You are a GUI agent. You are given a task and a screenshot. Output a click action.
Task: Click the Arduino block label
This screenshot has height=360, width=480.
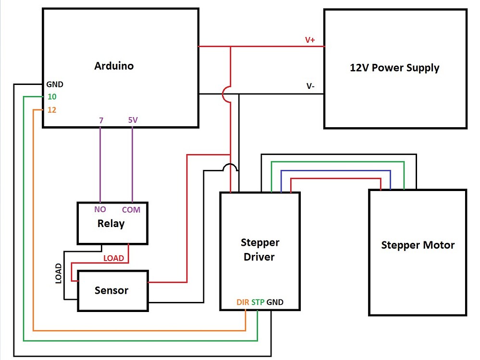pyautogui.click(x=114, y=66)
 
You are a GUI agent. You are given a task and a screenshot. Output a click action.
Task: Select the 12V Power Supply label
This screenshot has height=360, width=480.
pyautogui.click(x=394, y=67)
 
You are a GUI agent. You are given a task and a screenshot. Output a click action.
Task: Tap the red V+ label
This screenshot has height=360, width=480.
pyautogui.click(x=310, y=40)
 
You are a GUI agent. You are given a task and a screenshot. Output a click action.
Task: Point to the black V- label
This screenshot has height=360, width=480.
pyautogui.click(x=311, y=86)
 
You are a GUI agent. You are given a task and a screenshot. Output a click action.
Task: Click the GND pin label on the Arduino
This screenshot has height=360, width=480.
pyautogui.click(x=55, y=84)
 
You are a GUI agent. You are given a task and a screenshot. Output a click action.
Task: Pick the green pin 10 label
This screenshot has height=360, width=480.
pyautogui.click(x=52, y=97)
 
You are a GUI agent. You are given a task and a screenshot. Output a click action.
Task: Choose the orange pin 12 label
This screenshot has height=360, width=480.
pyautogui.click(x=52, y=110)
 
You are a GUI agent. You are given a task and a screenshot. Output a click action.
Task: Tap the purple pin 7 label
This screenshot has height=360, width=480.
pyautogui.click(x=101, y=120)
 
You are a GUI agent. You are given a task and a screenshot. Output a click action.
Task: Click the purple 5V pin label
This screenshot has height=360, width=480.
pyautogui.click(x=133, y=120)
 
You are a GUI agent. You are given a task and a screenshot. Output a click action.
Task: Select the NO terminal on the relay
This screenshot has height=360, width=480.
pyautogui.click(x=100, y=210)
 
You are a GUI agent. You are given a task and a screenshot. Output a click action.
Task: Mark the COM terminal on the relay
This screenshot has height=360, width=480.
pyautogui.click(x=131, y=210)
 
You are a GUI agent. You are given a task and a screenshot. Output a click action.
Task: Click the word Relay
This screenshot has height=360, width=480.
pyautogui.click(x=111, y=223)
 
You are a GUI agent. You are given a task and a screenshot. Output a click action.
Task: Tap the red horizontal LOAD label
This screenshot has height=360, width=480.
pyautogui.click(x=114, y=258)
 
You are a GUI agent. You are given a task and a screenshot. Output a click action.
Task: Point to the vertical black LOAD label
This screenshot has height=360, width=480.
pyautogui.click(x=59, y=274)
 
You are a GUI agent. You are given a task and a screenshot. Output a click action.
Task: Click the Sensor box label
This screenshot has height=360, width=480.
pyautogui.click(x=111, y=290)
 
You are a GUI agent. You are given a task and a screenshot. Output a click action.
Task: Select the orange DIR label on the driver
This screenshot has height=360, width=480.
pyautogui.click(x=243, y=302)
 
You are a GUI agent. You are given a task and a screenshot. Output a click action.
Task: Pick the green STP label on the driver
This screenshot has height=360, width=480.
pyautogui.click(x=258, y=302)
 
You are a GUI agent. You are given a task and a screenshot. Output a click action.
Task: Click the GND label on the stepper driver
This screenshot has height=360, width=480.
pyautogui.click(x=275, y=302)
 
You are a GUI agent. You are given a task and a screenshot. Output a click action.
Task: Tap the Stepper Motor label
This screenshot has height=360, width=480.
pyautogui.click(x=418, y=245)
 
